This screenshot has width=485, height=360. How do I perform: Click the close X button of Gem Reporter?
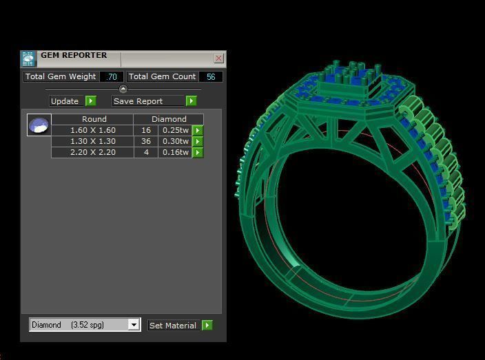[218, 59]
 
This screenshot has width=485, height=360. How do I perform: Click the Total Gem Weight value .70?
[112, 76]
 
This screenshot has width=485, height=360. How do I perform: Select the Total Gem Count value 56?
[211, 76]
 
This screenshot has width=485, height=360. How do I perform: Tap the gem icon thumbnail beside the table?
[39, 125]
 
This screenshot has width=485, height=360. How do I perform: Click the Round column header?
[94, 119]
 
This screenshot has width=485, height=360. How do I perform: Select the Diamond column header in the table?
[169, 119]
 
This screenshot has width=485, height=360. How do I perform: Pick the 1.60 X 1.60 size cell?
[92, 130]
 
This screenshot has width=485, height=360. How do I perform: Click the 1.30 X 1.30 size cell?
[92, 141]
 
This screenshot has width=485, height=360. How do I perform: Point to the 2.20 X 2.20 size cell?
[92, 152]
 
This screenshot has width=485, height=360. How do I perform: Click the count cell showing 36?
[146, 141]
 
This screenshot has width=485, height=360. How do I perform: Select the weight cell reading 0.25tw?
[175, 130]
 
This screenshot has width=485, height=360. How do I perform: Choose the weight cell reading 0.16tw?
[175, 152]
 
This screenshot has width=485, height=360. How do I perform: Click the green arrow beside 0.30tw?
[198, 141]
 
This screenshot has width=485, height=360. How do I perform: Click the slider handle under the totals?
[123, 89]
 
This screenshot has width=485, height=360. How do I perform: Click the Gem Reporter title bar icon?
[28, 59]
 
